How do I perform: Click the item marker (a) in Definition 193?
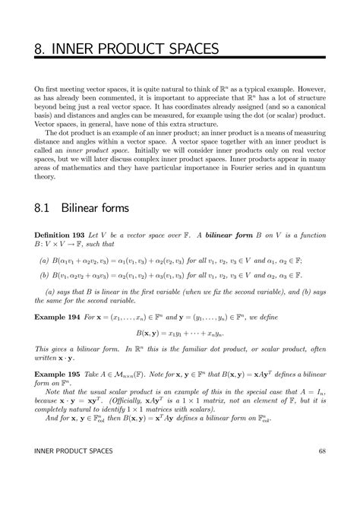click(44, 259)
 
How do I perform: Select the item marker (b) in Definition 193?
click(44, 276)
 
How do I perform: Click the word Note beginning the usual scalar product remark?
click(53, 388)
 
